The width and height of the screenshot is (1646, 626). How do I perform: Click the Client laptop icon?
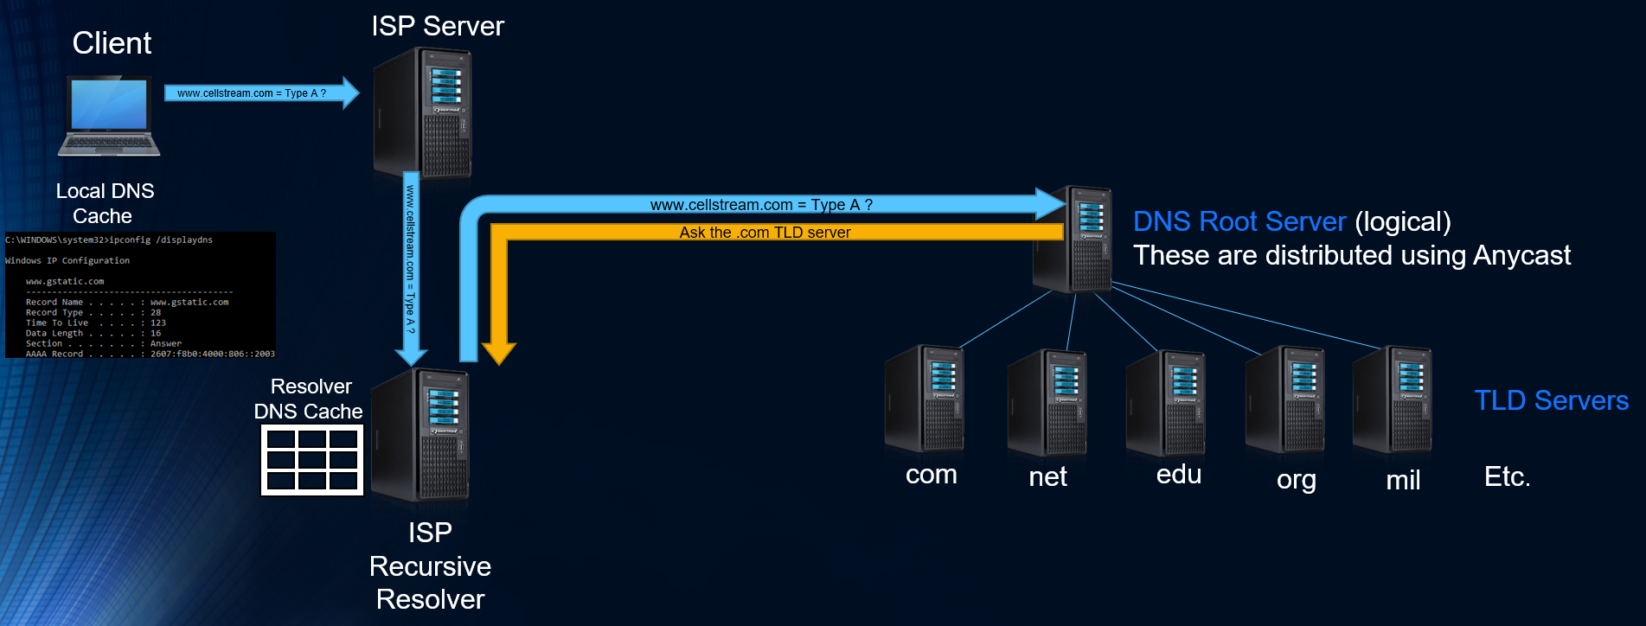109,116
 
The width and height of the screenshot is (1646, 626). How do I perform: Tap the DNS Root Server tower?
1073,240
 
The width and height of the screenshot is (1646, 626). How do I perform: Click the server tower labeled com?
925,399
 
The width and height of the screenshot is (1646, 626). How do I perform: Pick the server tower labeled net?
1047,403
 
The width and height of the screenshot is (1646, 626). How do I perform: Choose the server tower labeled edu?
1166,403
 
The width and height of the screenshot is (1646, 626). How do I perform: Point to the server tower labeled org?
1285,399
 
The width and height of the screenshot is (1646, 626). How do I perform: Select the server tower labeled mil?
1393,399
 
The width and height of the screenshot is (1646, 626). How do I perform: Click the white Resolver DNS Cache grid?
312,460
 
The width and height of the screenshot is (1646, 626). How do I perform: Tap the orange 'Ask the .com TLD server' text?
765,233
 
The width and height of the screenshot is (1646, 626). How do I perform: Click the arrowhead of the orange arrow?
499,353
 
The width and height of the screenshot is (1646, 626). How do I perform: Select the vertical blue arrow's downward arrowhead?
411,355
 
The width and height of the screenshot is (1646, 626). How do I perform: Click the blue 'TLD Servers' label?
1551,400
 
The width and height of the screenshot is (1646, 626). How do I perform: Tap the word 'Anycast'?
1521,256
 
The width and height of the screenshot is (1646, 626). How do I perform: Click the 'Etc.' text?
1507,476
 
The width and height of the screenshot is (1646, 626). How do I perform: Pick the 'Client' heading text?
112,43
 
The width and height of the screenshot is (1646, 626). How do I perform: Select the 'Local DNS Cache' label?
104,203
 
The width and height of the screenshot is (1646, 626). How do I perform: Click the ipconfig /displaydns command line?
109,240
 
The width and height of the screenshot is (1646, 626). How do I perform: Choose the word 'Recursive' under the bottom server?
430,566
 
